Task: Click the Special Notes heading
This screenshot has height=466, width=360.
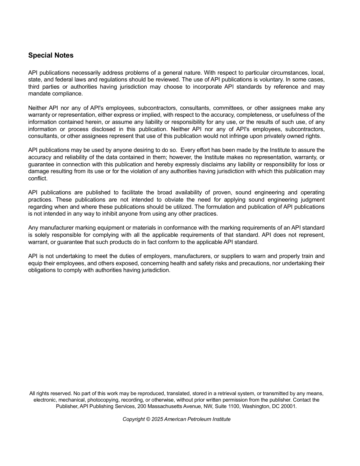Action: point(51,55)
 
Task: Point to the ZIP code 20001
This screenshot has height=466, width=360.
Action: point(289,406)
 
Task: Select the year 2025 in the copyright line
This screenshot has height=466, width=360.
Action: point(157,419)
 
